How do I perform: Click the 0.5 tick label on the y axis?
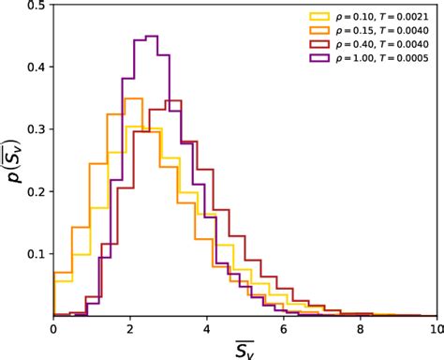[x=36, y=6]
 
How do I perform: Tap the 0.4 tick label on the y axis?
[x=36, y=67]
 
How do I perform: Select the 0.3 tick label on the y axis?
[x=36, y=129]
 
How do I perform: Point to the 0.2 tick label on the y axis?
[x=36, y=191]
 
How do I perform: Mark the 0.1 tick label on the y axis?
[x=36, y=253]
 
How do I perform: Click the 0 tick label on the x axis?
[x=53, y=328]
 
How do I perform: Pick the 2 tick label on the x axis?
[x=130, y=328]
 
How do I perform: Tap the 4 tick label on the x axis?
[x=207, y=328]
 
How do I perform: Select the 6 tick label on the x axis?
[x=284, y=328]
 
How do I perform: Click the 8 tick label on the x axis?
[x=361, y=328]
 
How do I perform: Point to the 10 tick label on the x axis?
[x=436, y=328]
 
